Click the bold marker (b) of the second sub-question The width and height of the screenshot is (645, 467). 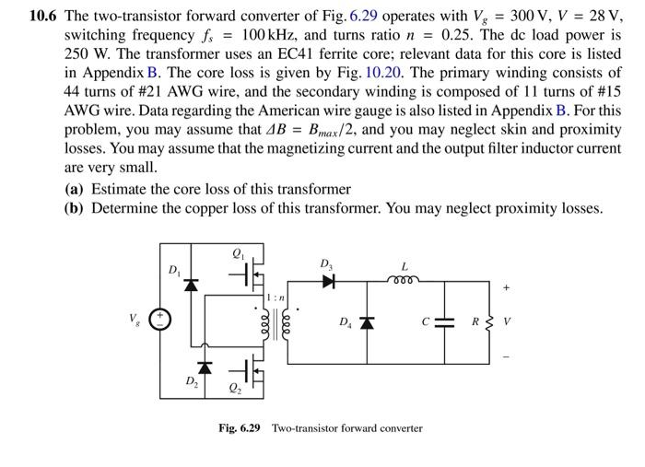(75, 207)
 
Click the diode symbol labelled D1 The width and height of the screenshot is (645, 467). (192, 285)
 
